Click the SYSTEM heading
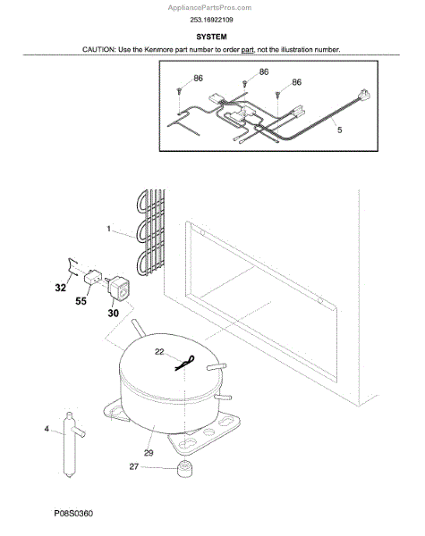click(x=211, y=37)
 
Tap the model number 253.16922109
click(x=211, y=20)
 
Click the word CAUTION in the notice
click(x=98, y=49)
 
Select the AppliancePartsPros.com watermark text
click(x=209, y=7)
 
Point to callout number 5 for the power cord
click(x=339, y=130)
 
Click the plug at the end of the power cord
click(x=363, y=95)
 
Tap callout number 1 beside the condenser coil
click(x=108, y=229)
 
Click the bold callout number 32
click(x=60, y=288)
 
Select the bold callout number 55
click(x=81, y=301)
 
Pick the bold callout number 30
click(x=113, y=313)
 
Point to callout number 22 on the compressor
click(x=159, y=351)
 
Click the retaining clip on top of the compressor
click(x=185, y=363)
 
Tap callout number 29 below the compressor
click(x=149, y=453)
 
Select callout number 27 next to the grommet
click(x=134, y=466)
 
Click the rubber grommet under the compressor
click(x=185, y=468)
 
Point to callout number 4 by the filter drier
click(x=47, y=428)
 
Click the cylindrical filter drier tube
click(x=70, y=444)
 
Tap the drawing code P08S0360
click(x=73, y=514)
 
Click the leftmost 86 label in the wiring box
click(x=198, y=79)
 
